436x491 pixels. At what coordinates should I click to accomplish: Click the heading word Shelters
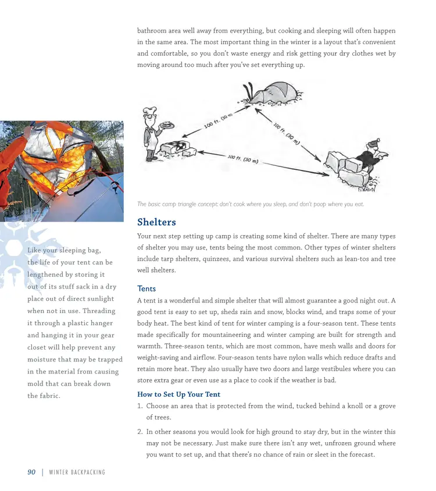pos(156,222)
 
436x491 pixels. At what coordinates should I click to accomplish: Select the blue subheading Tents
pos(146,289)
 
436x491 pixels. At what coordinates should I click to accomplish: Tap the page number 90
pos(32,472)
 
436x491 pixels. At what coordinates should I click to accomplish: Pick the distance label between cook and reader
pos(243,159)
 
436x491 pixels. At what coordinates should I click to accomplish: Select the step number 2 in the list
pos(140,432)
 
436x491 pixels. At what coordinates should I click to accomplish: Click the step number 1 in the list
pos(140,405)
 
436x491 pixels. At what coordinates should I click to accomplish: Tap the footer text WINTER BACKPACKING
pos(77,472)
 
